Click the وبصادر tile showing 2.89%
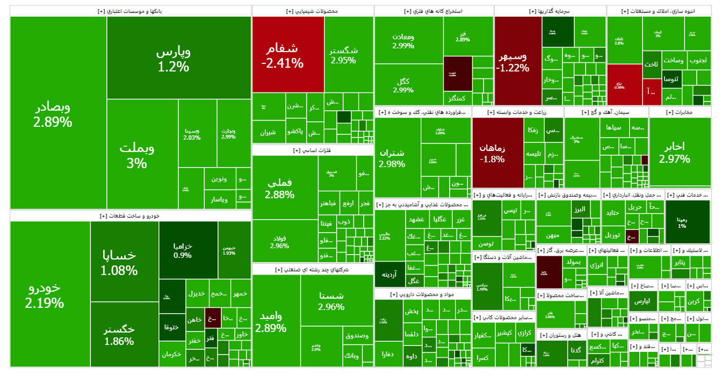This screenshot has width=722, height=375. click(53, 114)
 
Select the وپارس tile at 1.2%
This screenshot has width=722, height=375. click(173, 59)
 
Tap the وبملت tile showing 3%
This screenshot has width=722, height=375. click(136, 155)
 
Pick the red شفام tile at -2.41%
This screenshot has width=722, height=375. click(282, 55)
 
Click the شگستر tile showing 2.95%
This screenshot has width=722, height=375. click(343, 55)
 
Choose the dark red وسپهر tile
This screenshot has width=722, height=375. click(512, 62)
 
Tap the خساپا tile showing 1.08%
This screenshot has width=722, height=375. click(119, 262)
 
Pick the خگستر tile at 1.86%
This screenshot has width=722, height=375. click(119, 334)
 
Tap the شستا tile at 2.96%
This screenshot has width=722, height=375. click(331, 301)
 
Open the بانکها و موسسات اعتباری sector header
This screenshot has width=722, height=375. click(130, 11)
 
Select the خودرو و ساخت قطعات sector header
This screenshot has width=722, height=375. click(130, 215)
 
